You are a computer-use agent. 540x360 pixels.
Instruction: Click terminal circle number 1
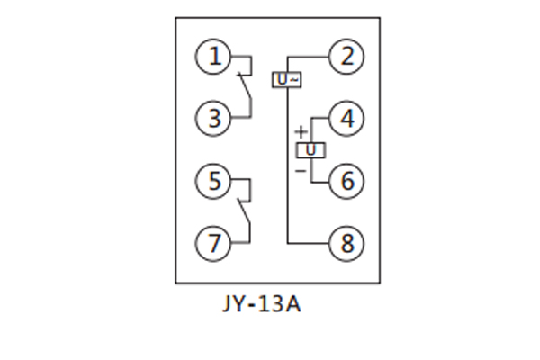213,58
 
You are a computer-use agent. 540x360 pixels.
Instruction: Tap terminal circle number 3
213,119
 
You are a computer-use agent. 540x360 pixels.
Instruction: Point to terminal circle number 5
213,181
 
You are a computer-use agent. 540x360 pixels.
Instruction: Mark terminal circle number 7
213,242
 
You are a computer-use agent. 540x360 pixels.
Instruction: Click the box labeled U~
287,80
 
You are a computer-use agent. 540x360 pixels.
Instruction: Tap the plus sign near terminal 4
301,132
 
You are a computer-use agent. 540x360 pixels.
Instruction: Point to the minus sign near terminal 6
301,168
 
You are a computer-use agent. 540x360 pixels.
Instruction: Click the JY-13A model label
260,303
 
